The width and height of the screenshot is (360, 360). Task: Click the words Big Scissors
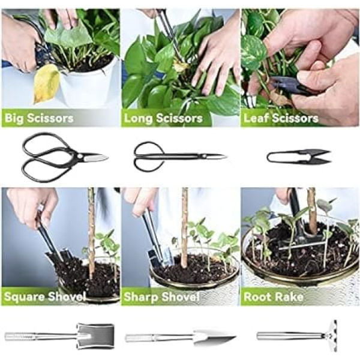pos(39,118)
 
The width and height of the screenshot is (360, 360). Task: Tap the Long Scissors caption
pos(163,118)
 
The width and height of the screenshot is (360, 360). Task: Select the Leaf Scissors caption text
pos(281,118)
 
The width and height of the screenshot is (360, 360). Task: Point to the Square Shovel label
pos(45,296)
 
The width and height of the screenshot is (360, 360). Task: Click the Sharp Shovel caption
pos(161,296)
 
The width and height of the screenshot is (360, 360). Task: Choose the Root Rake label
pos(274,296)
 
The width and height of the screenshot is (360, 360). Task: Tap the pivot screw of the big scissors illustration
pos(80,156)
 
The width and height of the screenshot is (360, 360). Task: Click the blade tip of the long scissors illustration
pos(226,157)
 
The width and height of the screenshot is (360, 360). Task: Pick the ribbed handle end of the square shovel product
pos(20,337)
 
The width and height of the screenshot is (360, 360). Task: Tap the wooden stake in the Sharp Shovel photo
pos(184,227)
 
